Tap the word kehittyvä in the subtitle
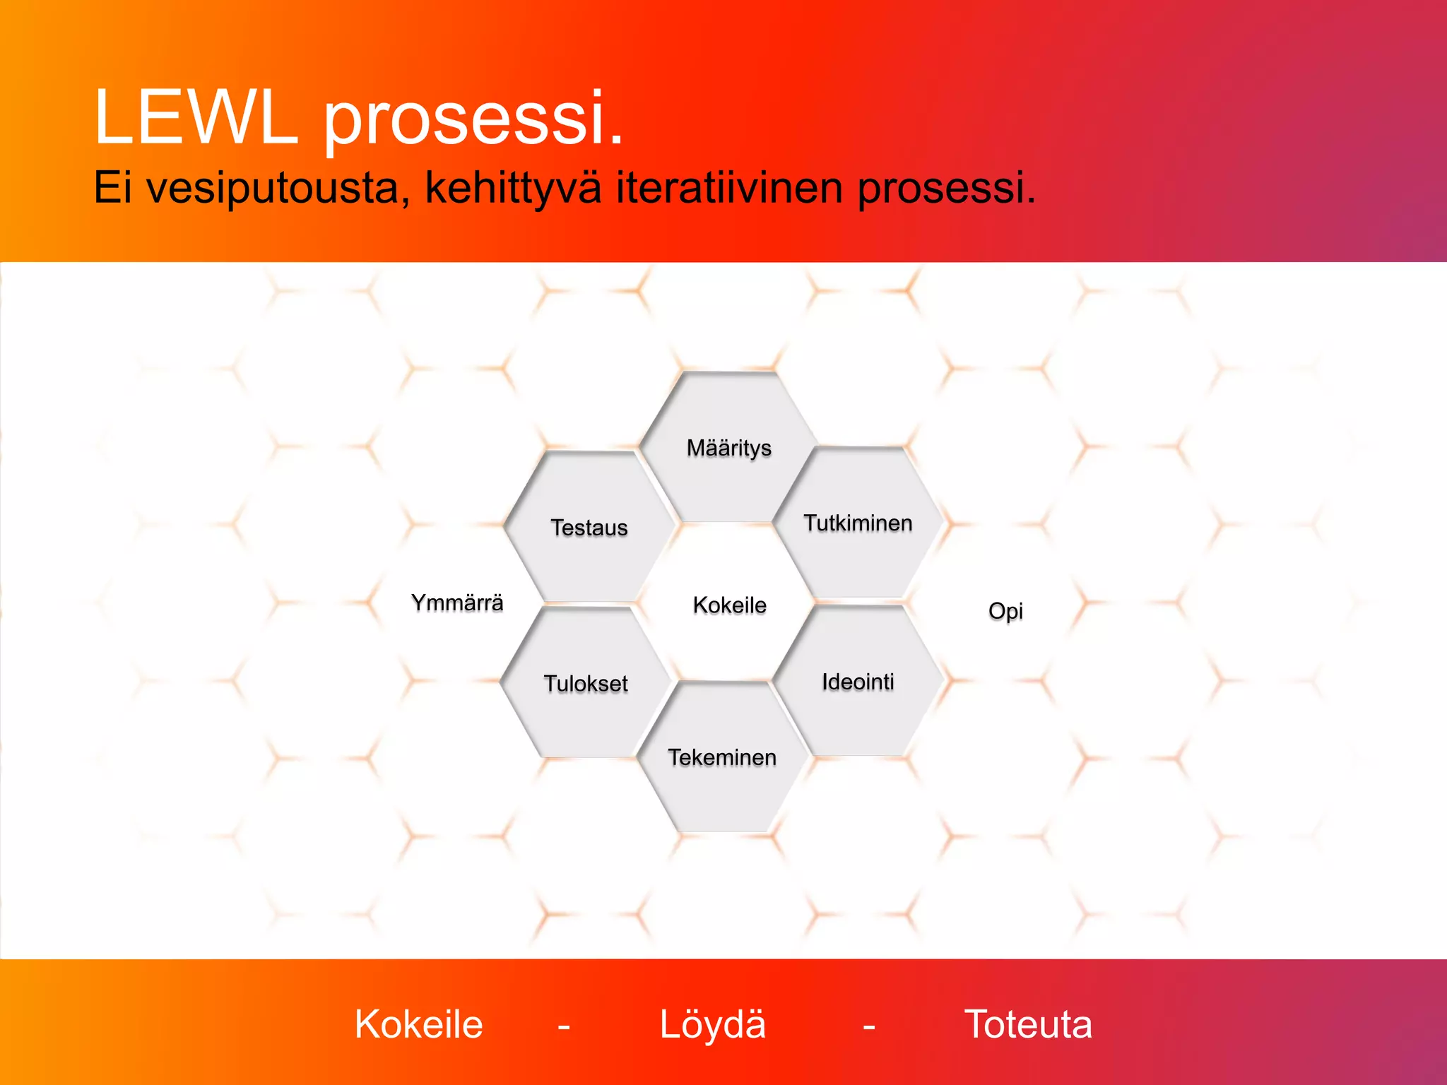point(514,189)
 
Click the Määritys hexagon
point(729,448)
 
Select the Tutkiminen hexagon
point(858,523)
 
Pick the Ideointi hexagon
point(858,682)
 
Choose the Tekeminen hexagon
point(722,757)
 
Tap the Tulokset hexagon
point(586,684)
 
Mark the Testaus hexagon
point(589,528)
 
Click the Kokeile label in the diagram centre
point(729,605)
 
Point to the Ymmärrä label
point(457,603)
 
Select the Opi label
point(1005,611)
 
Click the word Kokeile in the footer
point(418,1024)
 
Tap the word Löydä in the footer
point(712,1024)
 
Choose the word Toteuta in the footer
point(1028,1024)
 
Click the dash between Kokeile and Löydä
point(564,1026)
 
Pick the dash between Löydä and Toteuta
point(869,1026)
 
